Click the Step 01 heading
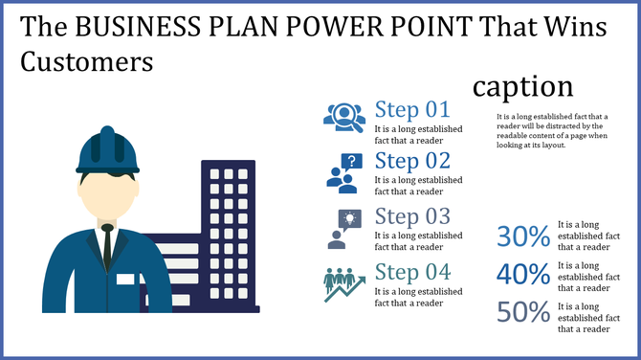(411, 108)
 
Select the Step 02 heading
(411, 160)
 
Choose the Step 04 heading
(411, 271)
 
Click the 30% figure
(523, 236)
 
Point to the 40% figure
(523, 275)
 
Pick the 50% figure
(523, 313)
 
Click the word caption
(522, 86)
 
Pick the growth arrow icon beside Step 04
(343, 283)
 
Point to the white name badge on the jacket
(126, 280)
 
